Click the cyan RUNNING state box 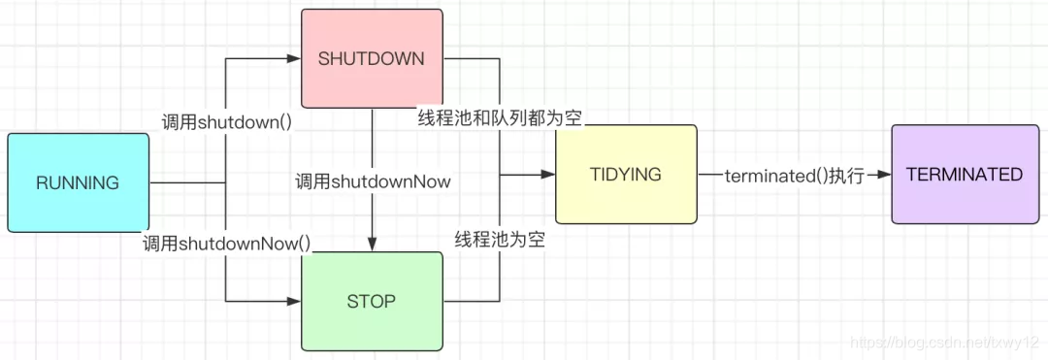click(x=78, y=182)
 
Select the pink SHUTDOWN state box click(x=372, y=58)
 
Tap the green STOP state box click(x=372, y=301)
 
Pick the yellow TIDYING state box click(x=626, y=175)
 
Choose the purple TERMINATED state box click(x=964, y=175)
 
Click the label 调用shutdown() click(x=227, y=122)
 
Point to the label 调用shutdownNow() click(x=226, y=244)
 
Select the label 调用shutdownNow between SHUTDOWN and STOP click(x=374, y=180)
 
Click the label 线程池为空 click(x=500, y=240)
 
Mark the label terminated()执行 click(x=794, y=176)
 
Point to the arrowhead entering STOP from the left click(x=295, y=302)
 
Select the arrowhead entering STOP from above click(x=373, y=245)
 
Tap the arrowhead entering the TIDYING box click(x=549, y=175)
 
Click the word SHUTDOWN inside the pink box click(x=372, y=58)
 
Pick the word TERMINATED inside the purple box click(x=964, y=175)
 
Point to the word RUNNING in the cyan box click(x=78, y=182)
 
